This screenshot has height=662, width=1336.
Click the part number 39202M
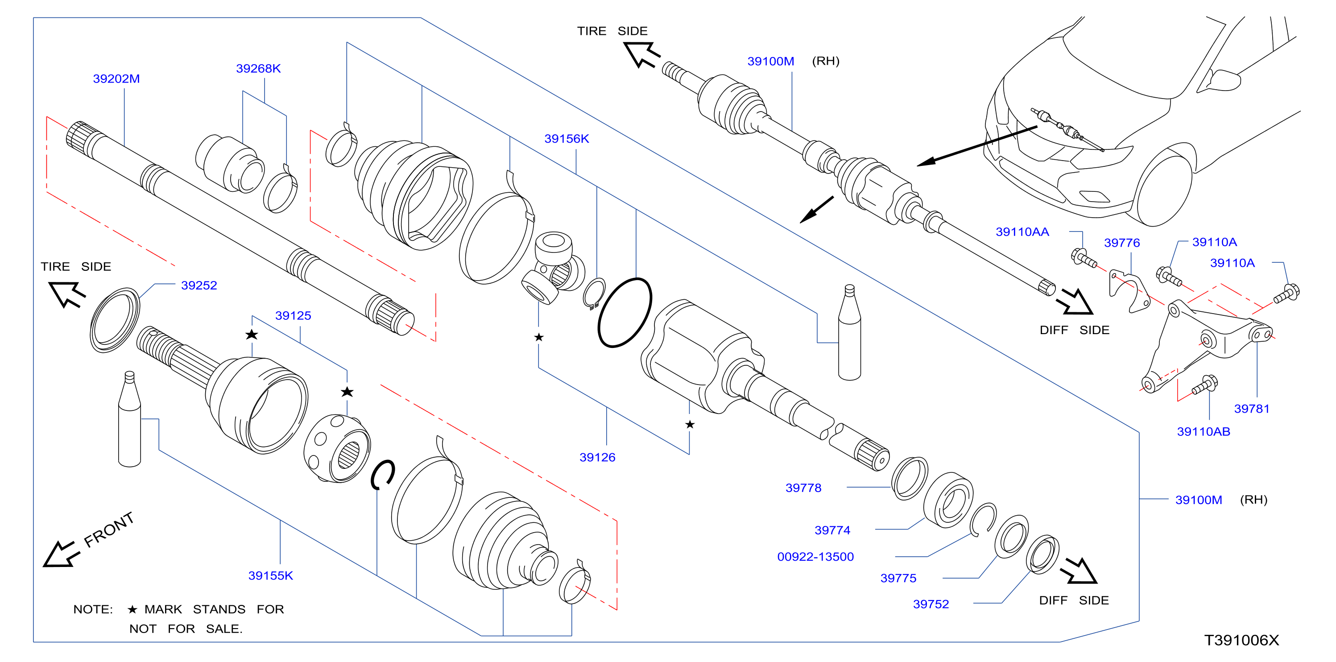pyautogui.click(x=116, y=79)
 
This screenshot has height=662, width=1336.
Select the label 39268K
pyautogui.click(x=258, y=69)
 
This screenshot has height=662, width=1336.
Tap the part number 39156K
pyautogui.click(x=567, y=139)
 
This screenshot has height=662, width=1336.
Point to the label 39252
pyautogui.click(x=199, y=285)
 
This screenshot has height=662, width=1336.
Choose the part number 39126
pyautogui.click(x=597, y=457)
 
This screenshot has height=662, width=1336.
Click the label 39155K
pyautogui.click(x=271, y=575)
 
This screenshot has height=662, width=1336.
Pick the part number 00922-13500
pyautogui.click(x=815, y=557)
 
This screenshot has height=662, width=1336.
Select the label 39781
pyautogui.click(x=1251, y=409)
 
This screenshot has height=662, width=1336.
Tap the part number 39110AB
pyautogui.click(x=1203, y=432)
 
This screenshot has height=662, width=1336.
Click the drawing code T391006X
pyautogui.click(x=1241, y=640)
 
